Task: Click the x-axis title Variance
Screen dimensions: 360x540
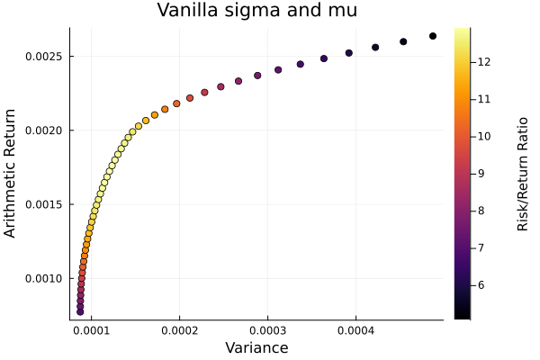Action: (256, 347)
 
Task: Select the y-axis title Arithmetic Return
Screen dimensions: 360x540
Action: (11, 174)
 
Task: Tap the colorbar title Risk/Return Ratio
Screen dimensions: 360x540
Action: (522, 174)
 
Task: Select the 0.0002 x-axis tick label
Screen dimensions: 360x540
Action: (180, 330)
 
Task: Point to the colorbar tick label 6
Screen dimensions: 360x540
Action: (480, 284)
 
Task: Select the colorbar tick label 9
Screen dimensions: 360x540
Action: (480, 173)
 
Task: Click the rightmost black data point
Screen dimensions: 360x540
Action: (433, 36)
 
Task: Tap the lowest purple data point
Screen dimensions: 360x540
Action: (80, 311)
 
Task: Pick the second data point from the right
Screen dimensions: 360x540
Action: (403, 41)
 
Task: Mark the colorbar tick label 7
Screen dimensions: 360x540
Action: (480, 247)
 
